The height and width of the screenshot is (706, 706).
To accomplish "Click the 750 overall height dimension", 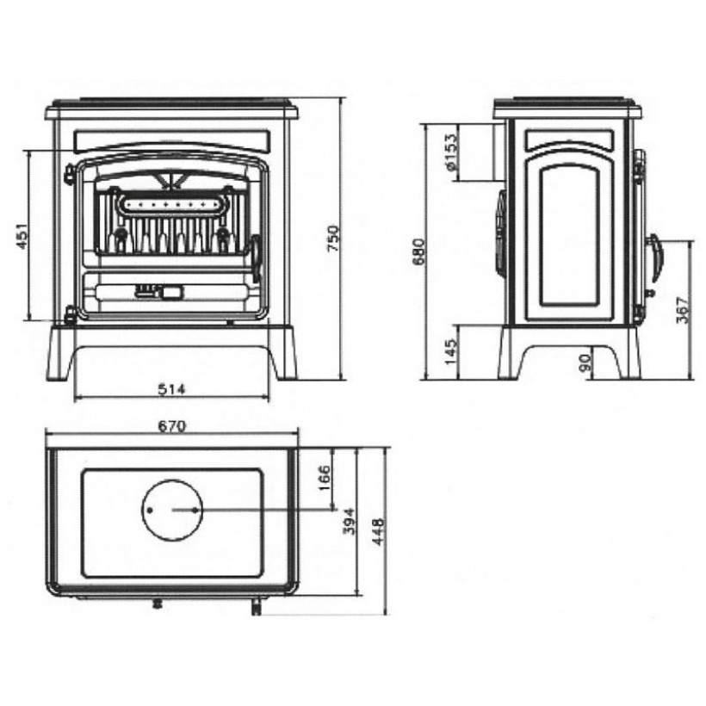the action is tap(334, 238).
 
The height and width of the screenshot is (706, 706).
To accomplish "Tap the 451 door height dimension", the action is tap(22, 236).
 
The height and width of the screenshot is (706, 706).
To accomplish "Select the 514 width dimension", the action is tap(171, 389).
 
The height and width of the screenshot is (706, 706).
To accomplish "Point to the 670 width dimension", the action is tap(172, 426).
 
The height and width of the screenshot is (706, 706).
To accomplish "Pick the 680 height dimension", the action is tap(418, 252).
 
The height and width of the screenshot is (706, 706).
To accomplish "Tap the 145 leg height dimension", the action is tap(450, 352).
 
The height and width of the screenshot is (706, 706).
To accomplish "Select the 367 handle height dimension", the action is tap(683, 310).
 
